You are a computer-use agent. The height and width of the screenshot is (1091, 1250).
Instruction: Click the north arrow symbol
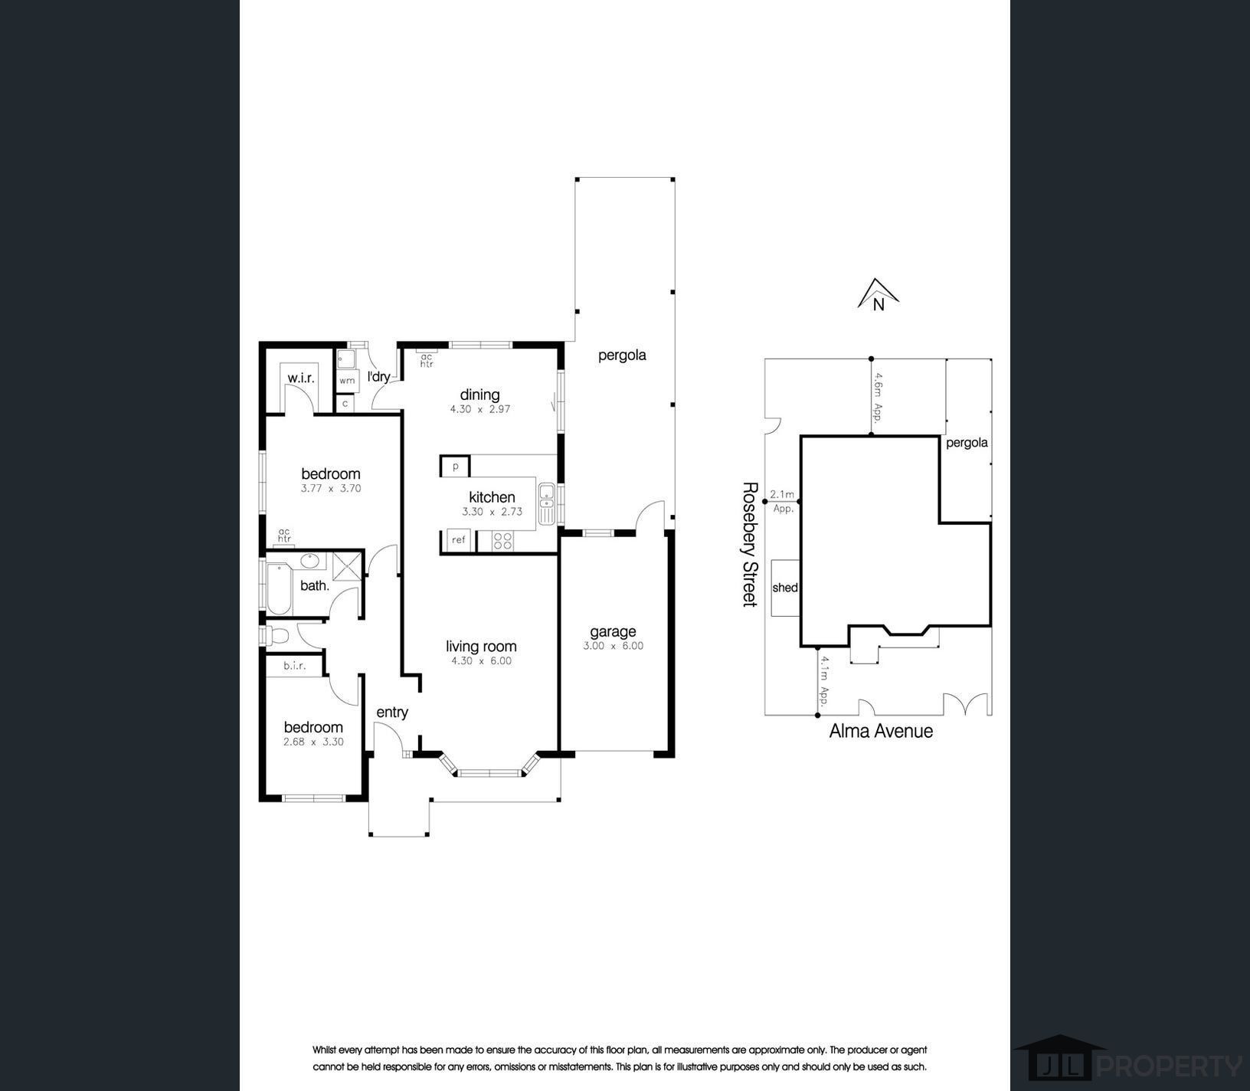click(x=878, y=294)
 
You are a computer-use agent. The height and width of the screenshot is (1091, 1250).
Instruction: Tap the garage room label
click(x=613, y=632)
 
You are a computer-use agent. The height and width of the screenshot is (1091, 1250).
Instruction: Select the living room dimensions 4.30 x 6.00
click(x=481, y=661)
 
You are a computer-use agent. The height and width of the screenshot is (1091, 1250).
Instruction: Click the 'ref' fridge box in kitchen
click(x=458, y=540)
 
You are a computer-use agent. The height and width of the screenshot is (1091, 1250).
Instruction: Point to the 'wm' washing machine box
click(x=347, y=380)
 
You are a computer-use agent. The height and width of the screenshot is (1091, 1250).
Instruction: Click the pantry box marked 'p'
click(x=455, y=466)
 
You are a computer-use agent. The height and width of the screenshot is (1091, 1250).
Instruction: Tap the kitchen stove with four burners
click(x=503, y=541)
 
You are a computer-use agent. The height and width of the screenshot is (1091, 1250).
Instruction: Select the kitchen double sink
click(x=547, y=503)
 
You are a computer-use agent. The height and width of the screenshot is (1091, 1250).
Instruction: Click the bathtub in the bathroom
click(x=279, y=588)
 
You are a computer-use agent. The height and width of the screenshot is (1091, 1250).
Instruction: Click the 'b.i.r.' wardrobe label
click(x=294, y=666)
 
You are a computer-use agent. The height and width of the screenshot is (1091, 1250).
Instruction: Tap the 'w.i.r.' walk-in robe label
click(x=301, y=378)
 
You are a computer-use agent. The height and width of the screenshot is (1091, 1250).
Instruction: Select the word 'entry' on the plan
click(x=392, y=713)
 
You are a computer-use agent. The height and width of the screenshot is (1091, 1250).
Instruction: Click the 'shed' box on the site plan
click(x=785, y=588)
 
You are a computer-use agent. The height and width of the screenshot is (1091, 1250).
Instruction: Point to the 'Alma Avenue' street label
click(x=881, y=731)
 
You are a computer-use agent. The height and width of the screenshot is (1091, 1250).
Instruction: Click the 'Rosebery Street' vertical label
click(x=750, y=544)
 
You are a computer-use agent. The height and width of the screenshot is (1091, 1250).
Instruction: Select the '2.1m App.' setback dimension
click(x=783, y=501)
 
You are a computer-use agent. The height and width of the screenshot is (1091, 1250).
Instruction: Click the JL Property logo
click(x=1127, y=1062)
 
